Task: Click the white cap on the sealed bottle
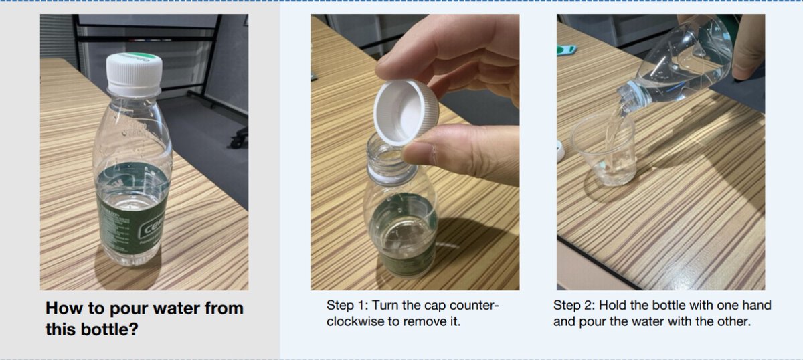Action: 134,74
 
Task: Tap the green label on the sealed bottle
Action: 132,208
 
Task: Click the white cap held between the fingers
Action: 406,112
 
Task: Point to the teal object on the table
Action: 566,49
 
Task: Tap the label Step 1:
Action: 347,306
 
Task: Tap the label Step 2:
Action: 574,306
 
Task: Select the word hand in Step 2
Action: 756,306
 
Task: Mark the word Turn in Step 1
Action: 385,306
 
